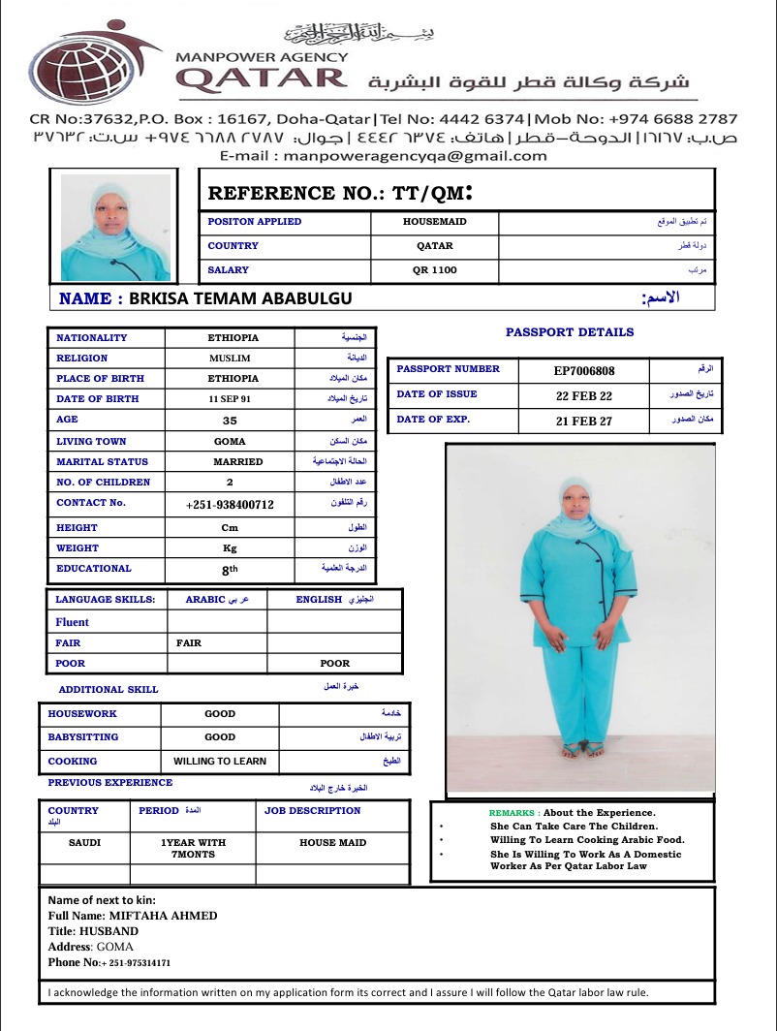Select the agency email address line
(383, 155)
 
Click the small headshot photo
(116, 228)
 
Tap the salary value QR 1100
(434, 270)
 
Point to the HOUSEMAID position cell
(434, 222)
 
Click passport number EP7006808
(583, 370)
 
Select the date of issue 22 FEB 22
(583, 395)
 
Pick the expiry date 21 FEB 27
(583, 421)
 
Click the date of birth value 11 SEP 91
(229, 399)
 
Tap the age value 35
(230, 421)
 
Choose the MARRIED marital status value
(237, 462)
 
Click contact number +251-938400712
(230, 505)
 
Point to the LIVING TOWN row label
(91, 442)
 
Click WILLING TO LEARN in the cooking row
(220, 762)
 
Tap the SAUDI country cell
(84, 843)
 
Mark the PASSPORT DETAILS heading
(570, 332)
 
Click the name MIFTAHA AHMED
(163, 916)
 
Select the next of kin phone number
(136, 963)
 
